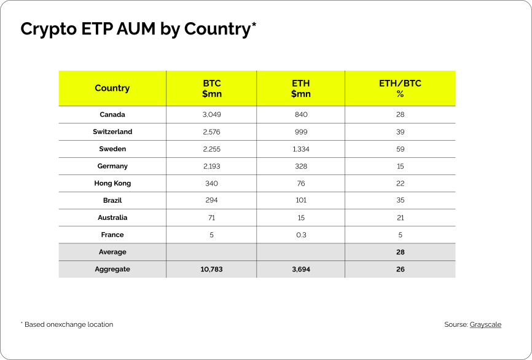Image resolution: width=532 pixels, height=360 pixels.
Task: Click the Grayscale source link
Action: click(485, 324)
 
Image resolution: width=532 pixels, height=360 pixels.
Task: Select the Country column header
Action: click(112, 88)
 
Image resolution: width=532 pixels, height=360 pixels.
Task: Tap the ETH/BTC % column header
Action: click(400, 88)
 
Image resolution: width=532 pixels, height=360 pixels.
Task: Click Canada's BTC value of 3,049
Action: click(212, 115)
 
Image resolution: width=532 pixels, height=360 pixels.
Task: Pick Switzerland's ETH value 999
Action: click(301, 131)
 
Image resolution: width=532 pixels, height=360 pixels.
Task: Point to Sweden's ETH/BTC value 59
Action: click(401, 149)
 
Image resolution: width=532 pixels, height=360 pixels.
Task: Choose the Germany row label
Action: click(112, 166)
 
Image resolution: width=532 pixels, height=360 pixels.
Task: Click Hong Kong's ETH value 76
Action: click(301, 184)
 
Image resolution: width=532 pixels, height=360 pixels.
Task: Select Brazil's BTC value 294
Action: click(211, 200)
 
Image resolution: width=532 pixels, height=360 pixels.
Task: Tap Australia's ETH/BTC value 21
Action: click(401, 218)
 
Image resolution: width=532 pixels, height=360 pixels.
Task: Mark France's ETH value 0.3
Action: click(301, 235)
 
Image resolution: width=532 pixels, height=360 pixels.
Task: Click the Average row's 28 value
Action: click(401, 252)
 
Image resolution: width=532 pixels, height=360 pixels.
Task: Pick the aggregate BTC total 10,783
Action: click(211, 270)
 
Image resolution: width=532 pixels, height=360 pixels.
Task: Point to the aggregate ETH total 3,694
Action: click(301, 270)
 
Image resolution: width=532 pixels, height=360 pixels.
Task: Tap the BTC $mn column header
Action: click(212, 88)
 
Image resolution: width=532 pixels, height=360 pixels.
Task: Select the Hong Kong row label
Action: click(112, 184)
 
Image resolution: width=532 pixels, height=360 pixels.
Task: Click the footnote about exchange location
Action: click(67, 324)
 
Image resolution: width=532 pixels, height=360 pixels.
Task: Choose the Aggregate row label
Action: click(112, 270)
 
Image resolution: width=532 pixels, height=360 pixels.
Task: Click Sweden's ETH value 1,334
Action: click(301, 149)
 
